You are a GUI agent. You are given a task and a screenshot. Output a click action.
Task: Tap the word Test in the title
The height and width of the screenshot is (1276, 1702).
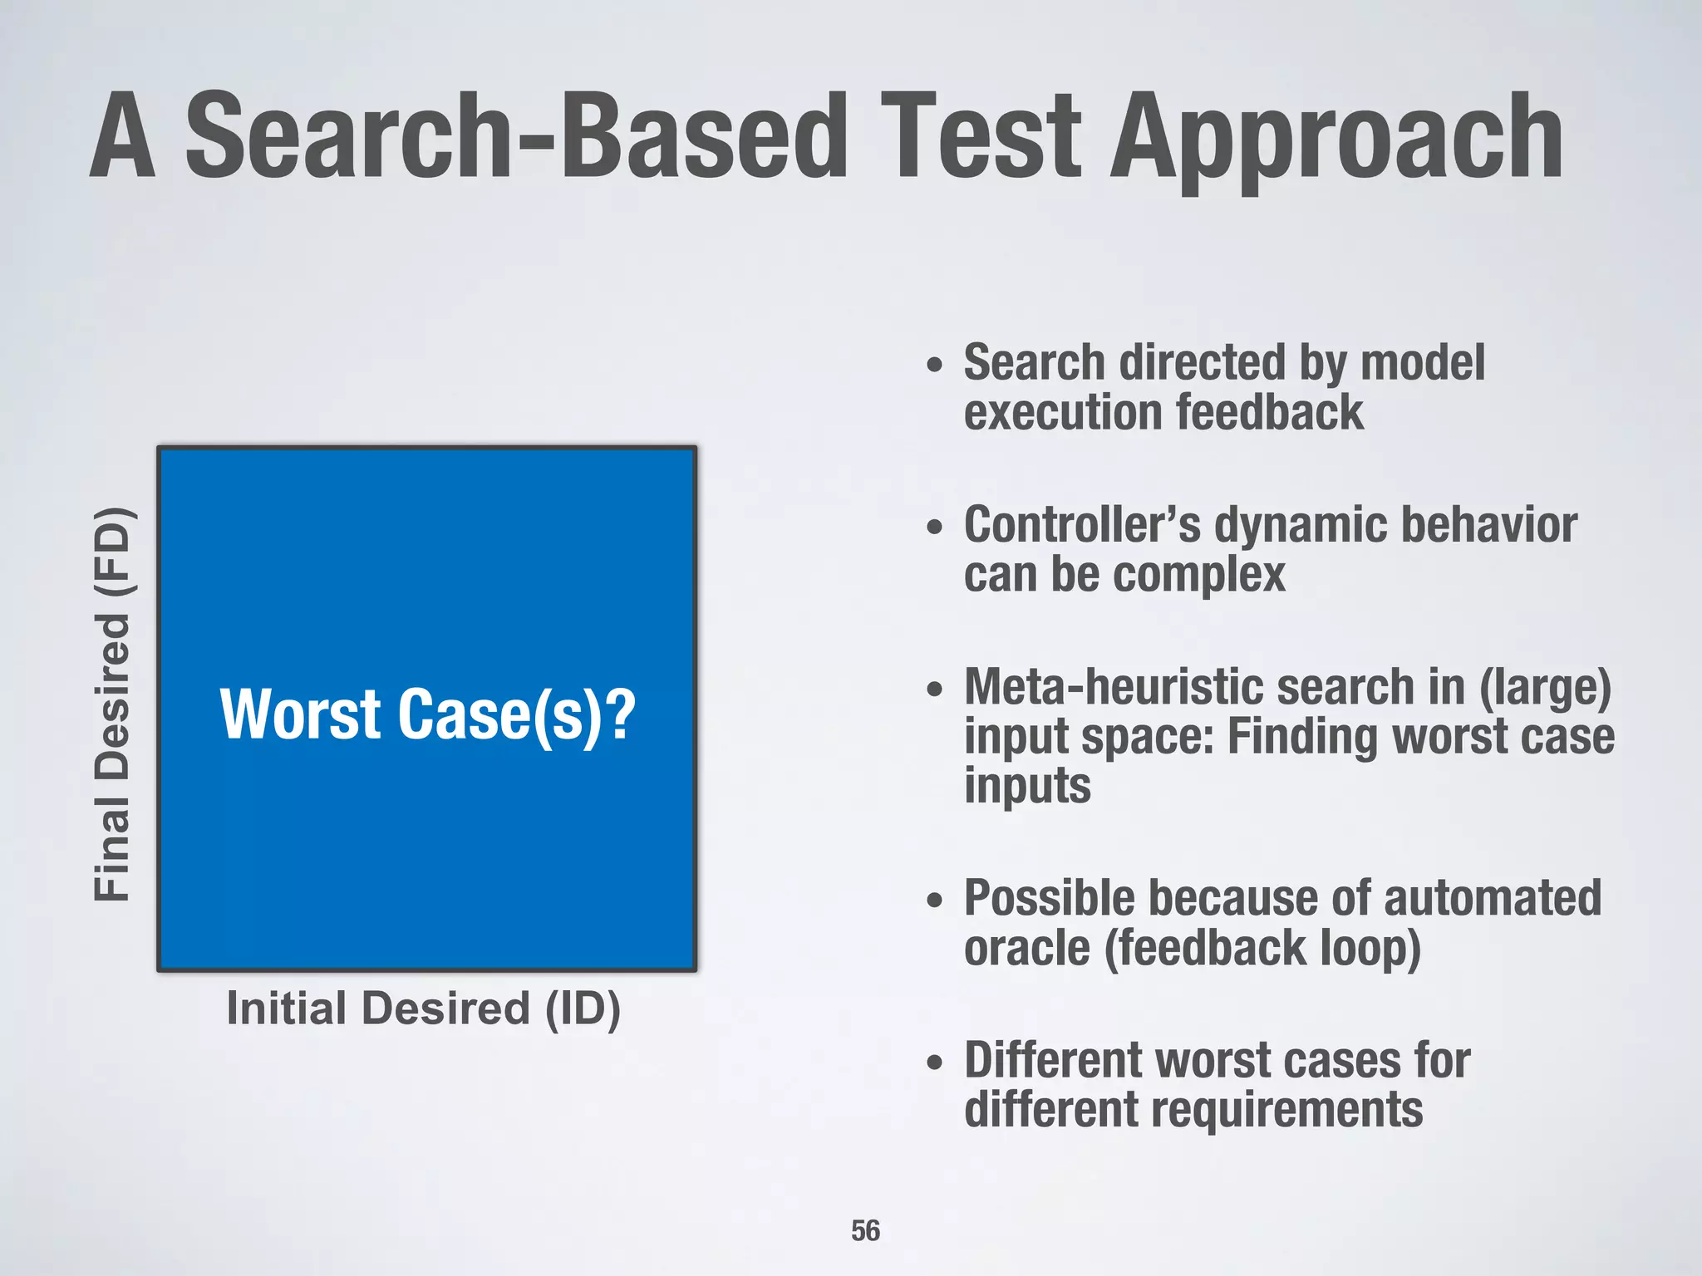981,137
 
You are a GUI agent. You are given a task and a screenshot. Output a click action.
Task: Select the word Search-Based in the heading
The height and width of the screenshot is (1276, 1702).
515,137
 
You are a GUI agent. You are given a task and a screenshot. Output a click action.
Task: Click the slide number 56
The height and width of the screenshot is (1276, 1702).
865,1230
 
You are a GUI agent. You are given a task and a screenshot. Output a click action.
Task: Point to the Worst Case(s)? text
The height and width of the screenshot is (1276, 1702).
427,714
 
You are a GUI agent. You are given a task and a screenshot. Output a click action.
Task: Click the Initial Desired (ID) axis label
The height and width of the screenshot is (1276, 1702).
423,1009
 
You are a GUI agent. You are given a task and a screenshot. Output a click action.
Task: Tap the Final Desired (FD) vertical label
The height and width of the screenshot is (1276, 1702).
111,704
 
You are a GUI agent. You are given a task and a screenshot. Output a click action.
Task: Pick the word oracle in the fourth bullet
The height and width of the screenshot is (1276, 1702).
1026,948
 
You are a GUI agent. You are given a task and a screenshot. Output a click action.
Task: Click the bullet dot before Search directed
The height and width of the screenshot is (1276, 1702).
936,365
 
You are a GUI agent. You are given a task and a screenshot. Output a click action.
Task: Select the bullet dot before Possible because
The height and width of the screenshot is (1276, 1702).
936,901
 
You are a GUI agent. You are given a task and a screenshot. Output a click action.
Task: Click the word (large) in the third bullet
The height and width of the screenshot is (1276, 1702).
1545,687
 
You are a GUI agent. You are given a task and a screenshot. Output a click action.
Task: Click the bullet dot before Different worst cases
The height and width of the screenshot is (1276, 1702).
936,1063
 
